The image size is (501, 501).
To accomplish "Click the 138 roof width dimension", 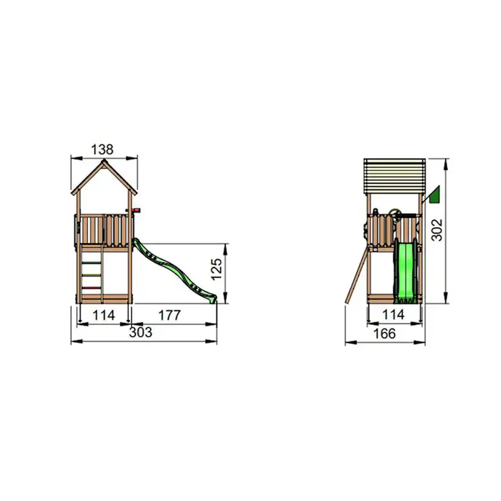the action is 102,149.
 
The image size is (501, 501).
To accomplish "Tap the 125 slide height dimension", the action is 217,269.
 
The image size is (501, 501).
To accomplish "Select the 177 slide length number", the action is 169,315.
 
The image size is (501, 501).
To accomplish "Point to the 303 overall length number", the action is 140,332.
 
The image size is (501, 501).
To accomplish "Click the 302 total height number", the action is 437,230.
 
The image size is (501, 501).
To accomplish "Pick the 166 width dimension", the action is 384,333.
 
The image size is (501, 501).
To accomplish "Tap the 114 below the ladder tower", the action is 103,315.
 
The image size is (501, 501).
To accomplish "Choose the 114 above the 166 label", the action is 394,315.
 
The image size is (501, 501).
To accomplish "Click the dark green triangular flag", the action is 434,195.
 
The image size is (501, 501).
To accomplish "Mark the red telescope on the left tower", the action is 135,210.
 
